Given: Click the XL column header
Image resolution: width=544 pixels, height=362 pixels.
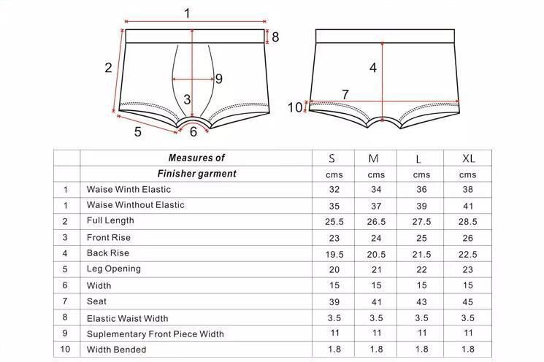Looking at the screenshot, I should (468, 158).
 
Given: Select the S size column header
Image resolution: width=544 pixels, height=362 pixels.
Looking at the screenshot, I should (332, 158).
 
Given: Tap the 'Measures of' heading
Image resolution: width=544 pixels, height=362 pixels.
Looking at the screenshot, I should (196, 158).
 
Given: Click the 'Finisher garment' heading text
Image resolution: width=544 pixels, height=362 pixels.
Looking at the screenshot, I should (196, 174).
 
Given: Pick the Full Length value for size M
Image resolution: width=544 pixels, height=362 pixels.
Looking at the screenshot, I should (376, 221).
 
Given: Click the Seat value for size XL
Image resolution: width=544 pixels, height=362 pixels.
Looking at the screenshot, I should (468, 301).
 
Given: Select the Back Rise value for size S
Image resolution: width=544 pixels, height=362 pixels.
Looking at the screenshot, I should (332, 253).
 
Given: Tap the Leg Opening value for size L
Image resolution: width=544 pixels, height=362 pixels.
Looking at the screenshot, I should (422, 269).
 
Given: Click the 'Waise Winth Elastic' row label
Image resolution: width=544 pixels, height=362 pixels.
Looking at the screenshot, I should (129, 189).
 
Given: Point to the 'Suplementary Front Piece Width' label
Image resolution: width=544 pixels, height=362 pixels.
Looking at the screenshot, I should (155, 334).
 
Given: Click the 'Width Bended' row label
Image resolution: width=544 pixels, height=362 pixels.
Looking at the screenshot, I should (116, 350).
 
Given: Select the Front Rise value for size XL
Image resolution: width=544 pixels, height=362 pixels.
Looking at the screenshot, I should (468, 237).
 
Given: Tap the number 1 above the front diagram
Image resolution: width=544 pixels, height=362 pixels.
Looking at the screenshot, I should (187, 12).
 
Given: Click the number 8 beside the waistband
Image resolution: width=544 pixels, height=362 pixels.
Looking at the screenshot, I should (275, 36).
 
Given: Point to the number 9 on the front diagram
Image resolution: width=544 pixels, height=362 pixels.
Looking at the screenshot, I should (218, 79).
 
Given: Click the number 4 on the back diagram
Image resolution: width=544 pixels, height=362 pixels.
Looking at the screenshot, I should (372, 68).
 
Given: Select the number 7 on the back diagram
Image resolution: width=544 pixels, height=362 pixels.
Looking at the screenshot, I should (345, 95).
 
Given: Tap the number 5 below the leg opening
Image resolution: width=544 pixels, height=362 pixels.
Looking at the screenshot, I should (137, 131).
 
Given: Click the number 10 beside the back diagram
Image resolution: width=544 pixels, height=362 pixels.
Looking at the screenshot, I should (294, 108).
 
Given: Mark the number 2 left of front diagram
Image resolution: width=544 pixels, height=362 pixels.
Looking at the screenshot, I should (108, 68).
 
